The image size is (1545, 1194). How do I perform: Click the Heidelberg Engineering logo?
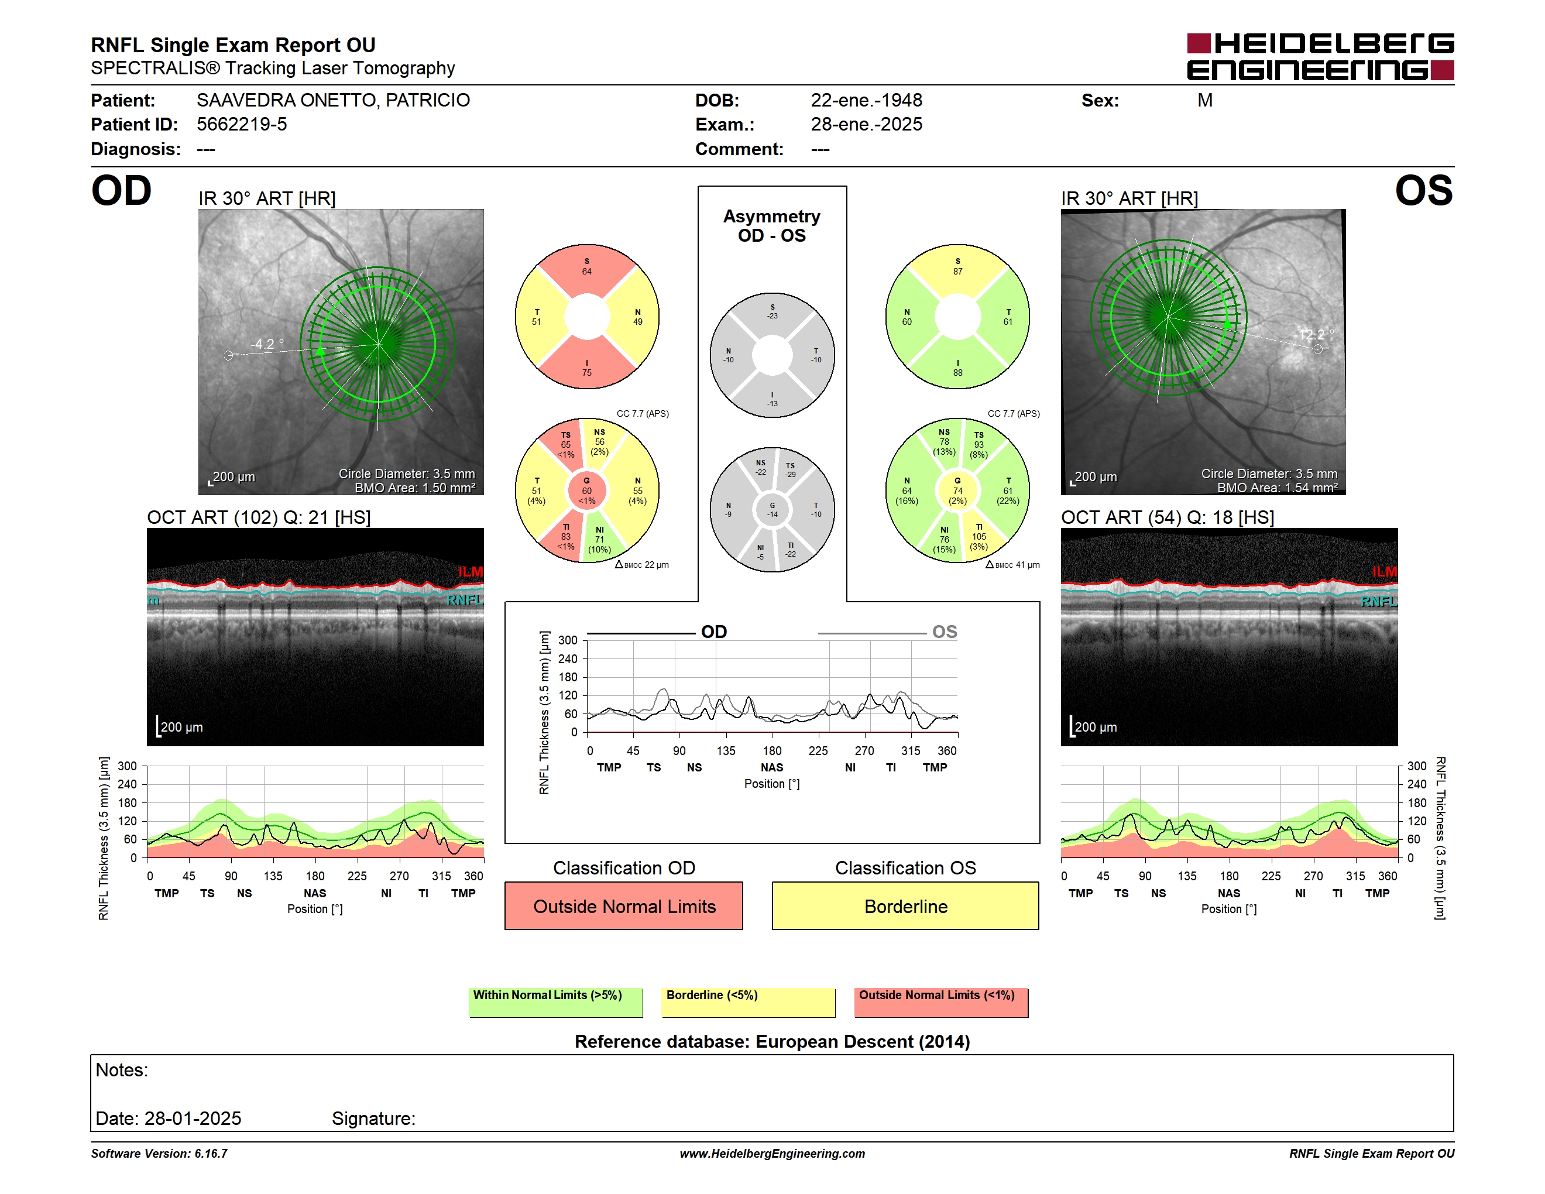pyautogui.click(x=1320, y=57)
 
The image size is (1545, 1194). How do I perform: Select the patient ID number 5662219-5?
pyautogui.click(x=242, y=125)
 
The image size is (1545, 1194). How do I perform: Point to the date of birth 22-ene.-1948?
pyautogui.click(x=867, y=101)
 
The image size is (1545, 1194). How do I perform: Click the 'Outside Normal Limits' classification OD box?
pyautogui.click(x=624, y=905)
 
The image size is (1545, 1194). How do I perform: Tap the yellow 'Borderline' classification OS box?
pyautogui.click(x=905, y=905)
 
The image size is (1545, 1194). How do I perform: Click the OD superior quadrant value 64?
pyautogui.click(x=586, y=271)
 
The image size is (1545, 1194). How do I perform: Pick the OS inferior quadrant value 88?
pyautogui.click(x=958, y=373)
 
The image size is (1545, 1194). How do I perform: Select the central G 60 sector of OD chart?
pyautogui.click(x=586, y=490)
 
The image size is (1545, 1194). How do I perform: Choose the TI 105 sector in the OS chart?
pyautogui.click(x=979, y=537)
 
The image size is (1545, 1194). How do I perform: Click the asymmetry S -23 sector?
pyautogui.click(x=772, y=312)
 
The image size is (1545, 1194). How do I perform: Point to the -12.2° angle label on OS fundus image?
pyautogui.click(x=1314, y=335)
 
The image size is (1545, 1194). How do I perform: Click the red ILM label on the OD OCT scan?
pyautogui.click(x=471, y=571)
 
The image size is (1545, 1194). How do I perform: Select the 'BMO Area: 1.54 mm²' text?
pyautogui.click(x=1278, y=488)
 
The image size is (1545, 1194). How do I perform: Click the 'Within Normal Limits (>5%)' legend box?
pyautogui.click(x=555, y=1002)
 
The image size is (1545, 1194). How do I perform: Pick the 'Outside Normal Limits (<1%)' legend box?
pyautogui.click(x=941, y=1002)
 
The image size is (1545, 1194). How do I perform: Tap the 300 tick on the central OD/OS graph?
pyautogui.click(x=568, y=641)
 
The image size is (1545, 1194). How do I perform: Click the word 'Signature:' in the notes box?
pyautogui.click(x=373, y=1118)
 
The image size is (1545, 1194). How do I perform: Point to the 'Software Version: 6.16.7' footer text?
pyautogui.click(x=159, y=1154)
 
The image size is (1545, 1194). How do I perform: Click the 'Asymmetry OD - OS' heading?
pyautogui.click(x=772, y=226)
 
